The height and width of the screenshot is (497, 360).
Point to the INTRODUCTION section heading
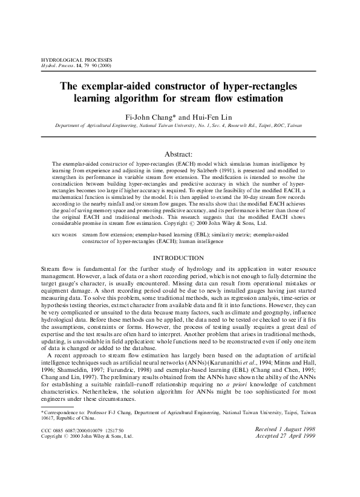(180, 257)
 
